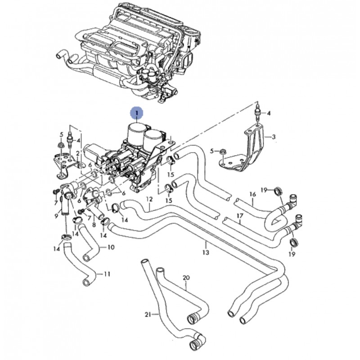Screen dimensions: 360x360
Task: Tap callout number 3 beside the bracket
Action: click(x=273, y=136)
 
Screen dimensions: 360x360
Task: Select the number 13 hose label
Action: click(x=206, y=252)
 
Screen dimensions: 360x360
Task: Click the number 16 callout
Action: click(x=252, y=194)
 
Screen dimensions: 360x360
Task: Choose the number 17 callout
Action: click(x=240, y=216)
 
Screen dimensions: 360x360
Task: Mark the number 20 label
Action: click(x=186, y=278)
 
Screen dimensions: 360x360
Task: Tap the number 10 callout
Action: click(x=111, y=247)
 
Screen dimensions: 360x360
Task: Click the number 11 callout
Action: click(x=107, y=273)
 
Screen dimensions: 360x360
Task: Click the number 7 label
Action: click(x=55, y=203)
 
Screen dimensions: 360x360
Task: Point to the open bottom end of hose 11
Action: click(x=85, y=282)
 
